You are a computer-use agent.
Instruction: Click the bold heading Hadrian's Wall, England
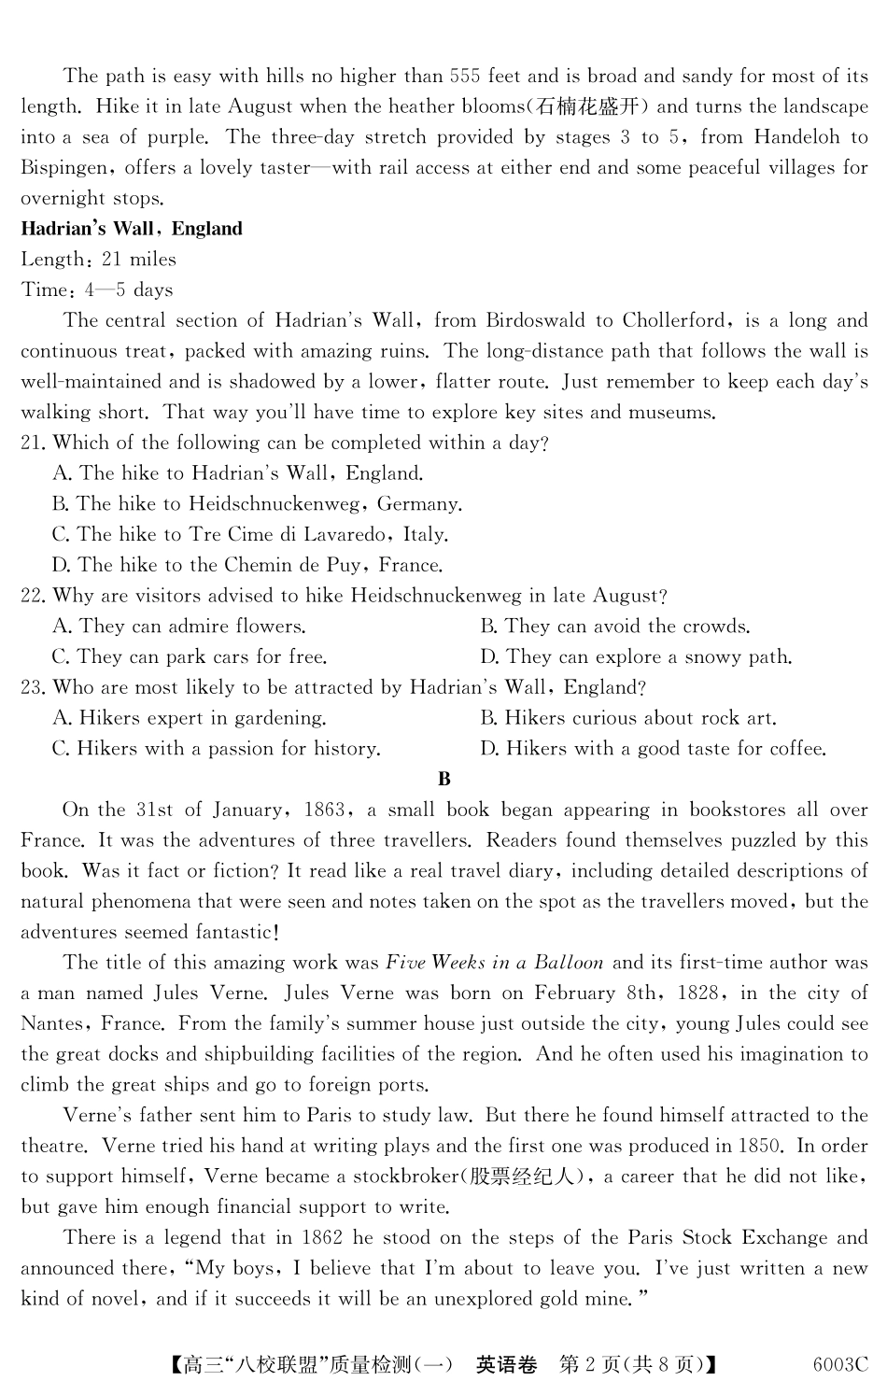click(x=132, y=229)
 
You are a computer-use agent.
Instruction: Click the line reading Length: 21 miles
click(x=98, y=260)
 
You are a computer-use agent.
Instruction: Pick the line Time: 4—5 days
click(x=97, y=290)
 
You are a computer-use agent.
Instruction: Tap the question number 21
click(x=32, y=443)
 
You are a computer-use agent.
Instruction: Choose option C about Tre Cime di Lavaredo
click(x=250, y=535)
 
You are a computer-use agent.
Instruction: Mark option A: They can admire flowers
click(x=179, y=627)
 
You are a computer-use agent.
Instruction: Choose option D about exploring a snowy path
click(x=636, y=657)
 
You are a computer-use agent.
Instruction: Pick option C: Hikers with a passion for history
click(x=217, y=749)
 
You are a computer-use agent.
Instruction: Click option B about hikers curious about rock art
click(x=627, y=718)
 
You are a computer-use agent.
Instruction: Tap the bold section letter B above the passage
click(x=443, y=780)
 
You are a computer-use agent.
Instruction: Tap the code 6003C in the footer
click(x=839, y=1365)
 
